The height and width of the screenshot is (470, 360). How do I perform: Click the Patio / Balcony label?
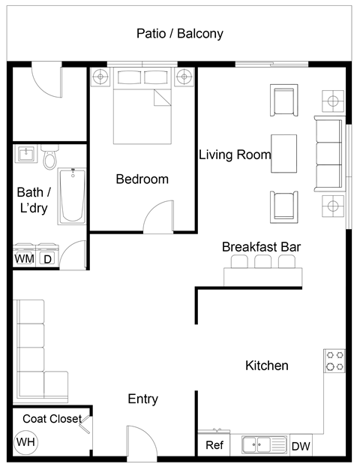[x=179, y=34]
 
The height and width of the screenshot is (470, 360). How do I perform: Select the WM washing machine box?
[x=24, y=259]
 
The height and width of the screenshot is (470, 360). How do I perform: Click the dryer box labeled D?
[x=47, y=259]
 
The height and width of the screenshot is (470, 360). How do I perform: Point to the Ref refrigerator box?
[x=214, y=445]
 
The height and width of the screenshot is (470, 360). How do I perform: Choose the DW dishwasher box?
[x=301, y=446]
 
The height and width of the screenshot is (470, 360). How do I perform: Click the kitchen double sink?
[x=264, y=444]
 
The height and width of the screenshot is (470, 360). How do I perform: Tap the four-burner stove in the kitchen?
[x=334, y=361]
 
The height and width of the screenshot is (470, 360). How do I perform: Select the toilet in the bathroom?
[x=50, y=158]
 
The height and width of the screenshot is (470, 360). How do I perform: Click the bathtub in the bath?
[x=73, y=195]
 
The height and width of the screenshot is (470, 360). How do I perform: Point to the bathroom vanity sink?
[x=26, y=155]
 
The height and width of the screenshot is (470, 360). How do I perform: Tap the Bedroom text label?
[x=142, y=179]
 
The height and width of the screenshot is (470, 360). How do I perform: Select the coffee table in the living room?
[x=283, y=153]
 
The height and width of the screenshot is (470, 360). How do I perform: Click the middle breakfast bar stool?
[x=263, y=262]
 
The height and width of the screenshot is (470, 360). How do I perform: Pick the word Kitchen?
[x=267, y=366]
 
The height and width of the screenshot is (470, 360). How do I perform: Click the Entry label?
[x=142, y=399]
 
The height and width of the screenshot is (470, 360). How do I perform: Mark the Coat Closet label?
[x=52, y=419]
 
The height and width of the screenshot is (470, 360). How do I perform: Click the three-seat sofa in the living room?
[x=327, y=153]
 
